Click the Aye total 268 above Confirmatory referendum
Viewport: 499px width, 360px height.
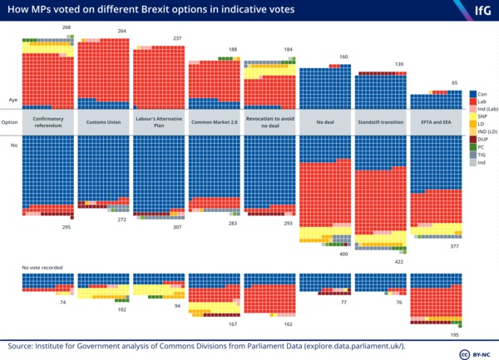click(x=67, y=28)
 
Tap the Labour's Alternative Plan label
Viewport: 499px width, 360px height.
click(x=160, y=122)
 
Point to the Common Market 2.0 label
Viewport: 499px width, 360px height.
click(x=215, y=122)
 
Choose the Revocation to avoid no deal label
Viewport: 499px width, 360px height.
click(x=270, y=122)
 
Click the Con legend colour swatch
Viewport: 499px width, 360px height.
click(x=472, y=94)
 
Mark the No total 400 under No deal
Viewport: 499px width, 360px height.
click(x=343, y=254)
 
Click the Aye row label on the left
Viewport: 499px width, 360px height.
click(x=13, y=96)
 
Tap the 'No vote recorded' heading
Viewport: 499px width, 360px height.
click(x=42, y=268)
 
